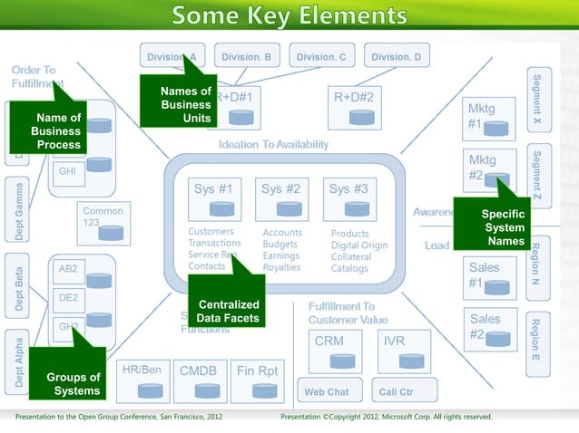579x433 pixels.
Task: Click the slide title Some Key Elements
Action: [x=289, y=15]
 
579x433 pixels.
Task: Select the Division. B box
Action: [x=246, y=57]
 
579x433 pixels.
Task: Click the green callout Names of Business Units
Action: [x=185, y=104]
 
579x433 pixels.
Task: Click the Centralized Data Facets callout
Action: [x=228, y=312]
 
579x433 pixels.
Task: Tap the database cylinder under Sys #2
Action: [x=289, y=209]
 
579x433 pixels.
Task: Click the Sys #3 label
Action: [x=348, y=189]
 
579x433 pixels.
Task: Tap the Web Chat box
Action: [x=327, y=392]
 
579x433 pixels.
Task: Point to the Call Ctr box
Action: [x=396, y=392]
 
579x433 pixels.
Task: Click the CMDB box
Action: [x=198, y=380]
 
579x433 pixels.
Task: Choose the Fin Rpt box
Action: [x=258, y=380]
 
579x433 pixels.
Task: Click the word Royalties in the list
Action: [x=281, y=267]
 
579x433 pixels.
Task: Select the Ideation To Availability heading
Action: [x=273, y=145]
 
